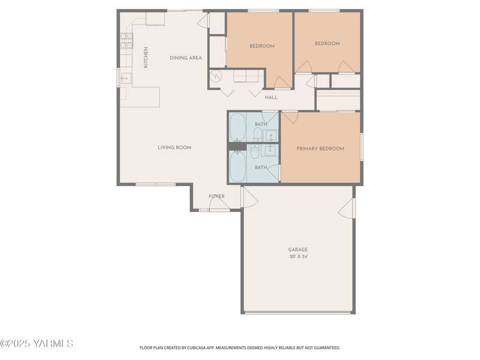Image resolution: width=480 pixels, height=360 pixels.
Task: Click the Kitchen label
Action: [x=146, y=57]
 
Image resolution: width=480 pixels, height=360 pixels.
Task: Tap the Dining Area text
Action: [x=186, y=58]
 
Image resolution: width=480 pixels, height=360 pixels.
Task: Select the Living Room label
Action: [x=175, y=148]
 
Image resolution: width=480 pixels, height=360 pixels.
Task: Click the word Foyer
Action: [x=217, y=196]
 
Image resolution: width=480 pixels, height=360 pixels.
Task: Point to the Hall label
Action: [x=271, y=97]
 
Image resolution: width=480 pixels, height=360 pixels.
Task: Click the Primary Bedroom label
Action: [x=320, y=149]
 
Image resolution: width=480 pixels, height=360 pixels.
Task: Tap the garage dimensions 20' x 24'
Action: [x=298, y=257]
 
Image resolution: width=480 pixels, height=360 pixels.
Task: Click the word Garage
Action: [x=298, y=250]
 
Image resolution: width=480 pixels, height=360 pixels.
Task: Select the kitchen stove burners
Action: [x=127, y=41]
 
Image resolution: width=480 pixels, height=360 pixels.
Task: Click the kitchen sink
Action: [x=126, y=79]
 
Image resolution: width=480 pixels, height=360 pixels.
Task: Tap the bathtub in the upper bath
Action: [x=238, y=127]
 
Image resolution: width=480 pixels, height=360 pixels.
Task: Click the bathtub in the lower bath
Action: [x=238, y=167]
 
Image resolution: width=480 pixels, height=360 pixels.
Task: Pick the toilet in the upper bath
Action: [x=258, y=134]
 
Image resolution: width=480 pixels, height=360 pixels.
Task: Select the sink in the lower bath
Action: [x=271, y=151]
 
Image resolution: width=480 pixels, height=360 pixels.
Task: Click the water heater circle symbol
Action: [x=217, y=76]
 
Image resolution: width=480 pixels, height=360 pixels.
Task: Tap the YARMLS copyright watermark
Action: [x=37, y=343]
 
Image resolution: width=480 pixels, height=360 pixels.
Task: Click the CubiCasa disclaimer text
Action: [x=239, y=348]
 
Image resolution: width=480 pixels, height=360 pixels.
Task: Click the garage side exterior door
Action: [x=347, y=208]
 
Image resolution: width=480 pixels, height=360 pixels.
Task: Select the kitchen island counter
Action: [x=140, y=97]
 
